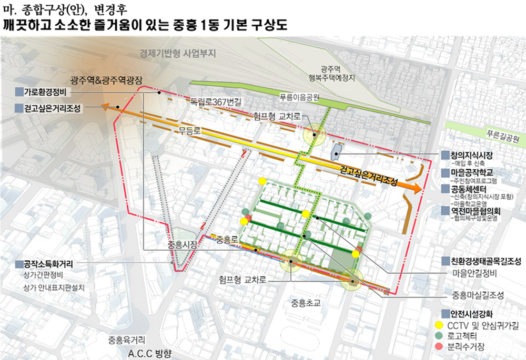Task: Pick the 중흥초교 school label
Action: coord(307,303)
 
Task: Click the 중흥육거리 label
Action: coord(127,339)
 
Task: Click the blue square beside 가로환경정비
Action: coord(19,92)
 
